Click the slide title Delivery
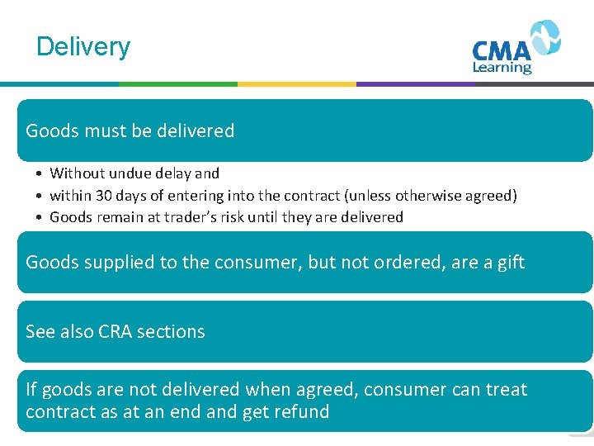pyautogui.click(x=83, y=46)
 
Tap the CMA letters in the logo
pyautogui.click(x=501, y=50)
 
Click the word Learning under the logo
pyautogui.click(x=502, y=68)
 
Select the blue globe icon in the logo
pyautogui.click(x=544, y=37)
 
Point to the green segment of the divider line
pyautogui.click(x=177, y=83)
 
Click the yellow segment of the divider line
pyautogui.click(x=296, y=83)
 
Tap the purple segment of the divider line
pyautogui.click(x=415, y=83)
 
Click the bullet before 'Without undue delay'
pyautogui.click(x=39, y=173)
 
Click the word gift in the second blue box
pyautogui.click(x=508, y=263)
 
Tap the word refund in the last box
pyautogui.click(x=300, y=411)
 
